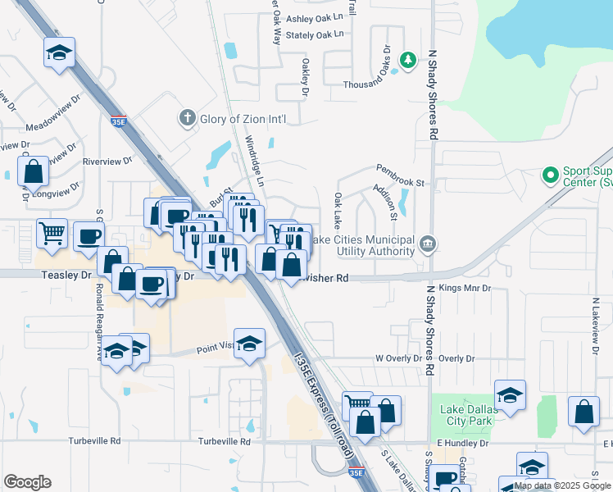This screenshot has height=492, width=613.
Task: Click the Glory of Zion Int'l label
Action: (x=243, y=119)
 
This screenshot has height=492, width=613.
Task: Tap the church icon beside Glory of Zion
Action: (x=187, y=118)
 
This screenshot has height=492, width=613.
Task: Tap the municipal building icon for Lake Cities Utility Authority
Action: (x=428, y=244)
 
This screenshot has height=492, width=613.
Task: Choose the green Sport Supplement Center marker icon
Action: (x=550, y=175)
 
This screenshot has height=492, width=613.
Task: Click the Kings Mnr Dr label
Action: (x=464, y=289)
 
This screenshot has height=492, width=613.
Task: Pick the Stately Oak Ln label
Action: (x=319, y=34)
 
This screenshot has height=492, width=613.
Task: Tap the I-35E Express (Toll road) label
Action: (x=320, y=394)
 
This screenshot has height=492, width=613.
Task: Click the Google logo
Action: (x=27, y=482)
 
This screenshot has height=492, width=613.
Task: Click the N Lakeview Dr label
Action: (x=596, y=320)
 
